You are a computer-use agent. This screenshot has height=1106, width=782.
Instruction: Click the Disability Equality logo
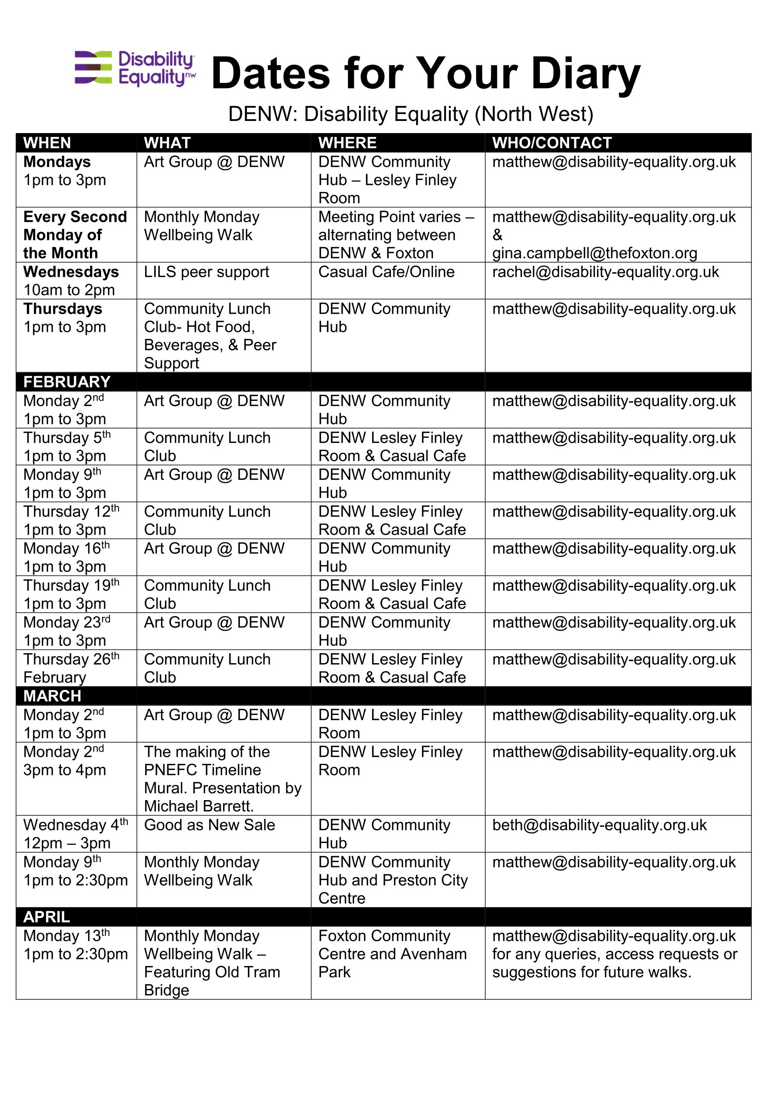click(x=135, y=68)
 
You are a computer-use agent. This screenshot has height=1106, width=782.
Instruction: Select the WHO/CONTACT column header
click(x=552, y=143)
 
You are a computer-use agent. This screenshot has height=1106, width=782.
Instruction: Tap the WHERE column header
click(x=347, y=143)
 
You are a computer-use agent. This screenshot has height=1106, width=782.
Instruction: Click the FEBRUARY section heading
click(x=67, y=382)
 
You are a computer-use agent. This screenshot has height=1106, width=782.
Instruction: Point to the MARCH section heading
click(x=52, y=696)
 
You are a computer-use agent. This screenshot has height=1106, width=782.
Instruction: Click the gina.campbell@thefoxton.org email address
click(x=594, y=253)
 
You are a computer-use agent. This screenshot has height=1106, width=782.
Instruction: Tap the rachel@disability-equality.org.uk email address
click(x=605, y=272)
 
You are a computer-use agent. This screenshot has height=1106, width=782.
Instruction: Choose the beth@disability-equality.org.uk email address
click(x=599, y=825)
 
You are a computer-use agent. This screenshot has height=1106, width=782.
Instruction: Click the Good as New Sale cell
click(x=209, y=825)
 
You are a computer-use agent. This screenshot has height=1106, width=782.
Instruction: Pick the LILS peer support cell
click(x=206, y=272)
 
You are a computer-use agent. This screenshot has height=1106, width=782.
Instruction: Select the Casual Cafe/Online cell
click(x=386, y=272)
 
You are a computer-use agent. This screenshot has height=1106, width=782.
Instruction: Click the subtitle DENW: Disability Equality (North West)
click(x=410, y=114)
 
